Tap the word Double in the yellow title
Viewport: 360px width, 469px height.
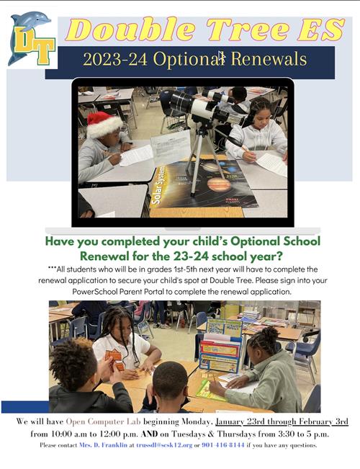[x=130, y=30]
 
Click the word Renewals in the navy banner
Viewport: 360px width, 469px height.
[x=269, y=59]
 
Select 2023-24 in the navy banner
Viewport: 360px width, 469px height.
[x=115, y=59]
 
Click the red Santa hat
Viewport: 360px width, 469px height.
[x=104, y=125]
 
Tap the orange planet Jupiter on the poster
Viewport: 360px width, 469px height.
[x=219, y=184]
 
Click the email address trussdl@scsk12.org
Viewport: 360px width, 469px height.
[x=164, y=445]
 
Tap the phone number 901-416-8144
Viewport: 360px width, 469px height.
[x=223, y=445]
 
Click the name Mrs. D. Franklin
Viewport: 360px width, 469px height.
[x=103, y=445]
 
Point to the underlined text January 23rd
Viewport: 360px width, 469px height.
[x=240, y=421]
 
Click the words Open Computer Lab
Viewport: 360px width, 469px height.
[x=103, y=421]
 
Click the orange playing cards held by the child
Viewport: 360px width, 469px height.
[x=114, y=359]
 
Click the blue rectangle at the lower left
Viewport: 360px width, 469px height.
[x=25, y=407]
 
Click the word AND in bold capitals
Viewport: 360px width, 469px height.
[x=149, y=434]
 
